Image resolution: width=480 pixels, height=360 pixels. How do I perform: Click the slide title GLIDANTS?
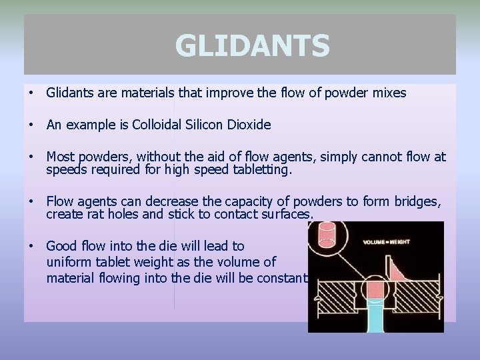[252, 46]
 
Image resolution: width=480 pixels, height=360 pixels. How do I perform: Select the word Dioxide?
[249, 125]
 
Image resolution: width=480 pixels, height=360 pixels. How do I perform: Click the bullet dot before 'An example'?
[31, 125]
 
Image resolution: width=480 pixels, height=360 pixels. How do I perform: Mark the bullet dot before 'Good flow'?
[31, 246]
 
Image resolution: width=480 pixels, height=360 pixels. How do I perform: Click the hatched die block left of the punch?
[333, 293]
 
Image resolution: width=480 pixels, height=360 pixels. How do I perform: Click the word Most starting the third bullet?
[61, 157]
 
